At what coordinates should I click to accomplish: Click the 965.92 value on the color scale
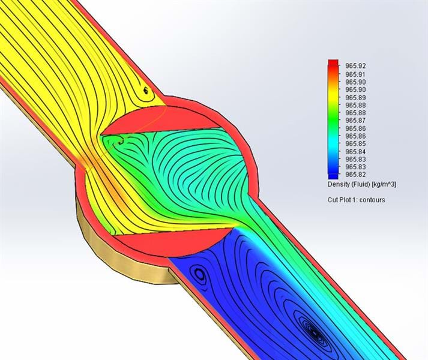point(355,65)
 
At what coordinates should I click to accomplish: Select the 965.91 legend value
point(355,74)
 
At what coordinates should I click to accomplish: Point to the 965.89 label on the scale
point(355,97)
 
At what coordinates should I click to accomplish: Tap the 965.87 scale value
point(355,121)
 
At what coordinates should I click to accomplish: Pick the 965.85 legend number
point(355,143)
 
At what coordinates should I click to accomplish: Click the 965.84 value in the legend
point(355,151)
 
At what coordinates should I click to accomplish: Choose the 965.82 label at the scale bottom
point(355,175)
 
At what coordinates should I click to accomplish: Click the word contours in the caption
point(373,199)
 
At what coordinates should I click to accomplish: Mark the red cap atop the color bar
point(333,63)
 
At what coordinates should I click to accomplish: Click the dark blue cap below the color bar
point(333,174)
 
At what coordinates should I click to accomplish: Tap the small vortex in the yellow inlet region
point(145,91)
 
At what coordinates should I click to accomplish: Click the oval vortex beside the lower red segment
point(199,275)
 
